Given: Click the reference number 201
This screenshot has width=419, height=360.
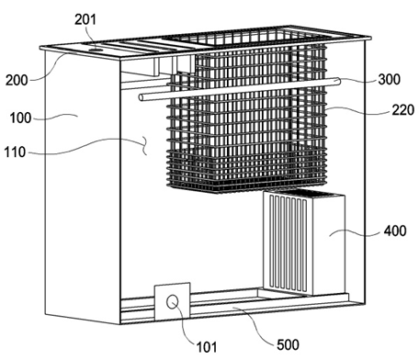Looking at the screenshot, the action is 85,19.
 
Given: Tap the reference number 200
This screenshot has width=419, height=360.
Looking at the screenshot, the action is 17,80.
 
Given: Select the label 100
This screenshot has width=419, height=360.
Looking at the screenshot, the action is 20,118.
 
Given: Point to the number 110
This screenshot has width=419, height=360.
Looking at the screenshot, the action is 15,152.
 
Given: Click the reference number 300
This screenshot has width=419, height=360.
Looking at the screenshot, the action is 390,79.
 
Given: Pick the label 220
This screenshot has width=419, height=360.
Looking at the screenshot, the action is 403,110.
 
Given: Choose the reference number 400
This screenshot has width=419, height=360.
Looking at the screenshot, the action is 395,231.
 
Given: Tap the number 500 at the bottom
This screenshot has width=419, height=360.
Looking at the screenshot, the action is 288,345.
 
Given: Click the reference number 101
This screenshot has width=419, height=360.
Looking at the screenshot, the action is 207,347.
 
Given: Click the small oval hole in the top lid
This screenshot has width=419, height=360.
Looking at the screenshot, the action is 96,49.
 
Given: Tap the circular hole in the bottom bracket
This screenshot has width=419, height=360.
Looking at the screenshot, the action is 173,302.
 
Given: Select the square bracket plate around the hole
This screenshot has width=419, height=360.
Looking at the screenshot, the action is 172,301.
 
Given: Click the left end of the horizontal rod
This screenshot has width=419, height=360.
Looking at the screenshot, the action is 142,97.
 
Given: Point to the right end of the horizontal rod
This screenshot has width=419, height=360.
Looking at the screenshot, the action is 337,80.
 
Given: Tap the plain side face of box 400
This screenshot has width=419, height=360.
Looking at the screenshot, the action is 328,245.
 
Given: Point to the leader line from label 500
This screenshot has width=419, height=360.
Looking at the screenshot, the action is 255,324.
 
